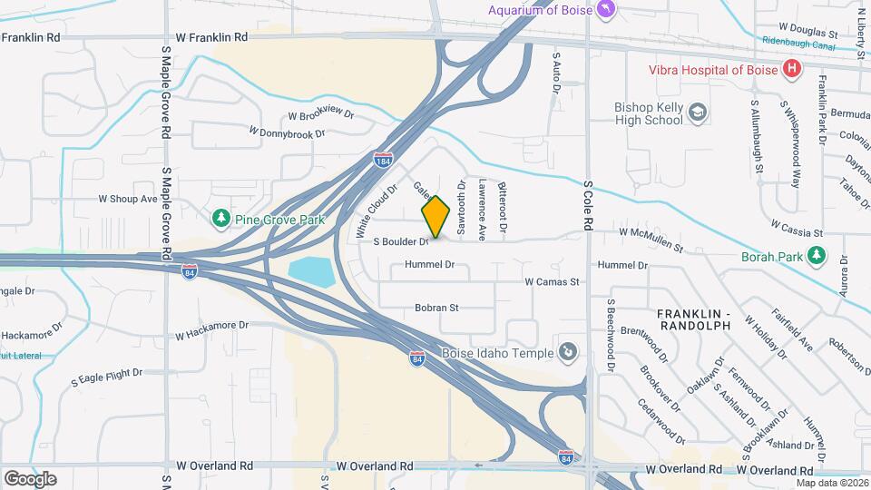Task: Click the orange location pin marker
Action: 435,216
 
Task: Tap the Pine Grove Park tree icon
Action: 220,219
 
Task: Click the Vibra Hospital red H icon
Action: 792,68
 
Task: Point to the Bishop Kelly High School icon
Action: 698,113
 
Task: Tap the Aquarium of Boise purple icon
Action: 606,9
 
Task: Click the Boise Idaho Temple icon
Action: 568,351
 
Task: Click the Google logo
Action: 30,478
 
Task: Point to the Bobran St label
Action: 437,308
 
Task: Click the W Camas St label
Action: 552,282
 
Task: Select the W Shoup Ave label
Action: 128,199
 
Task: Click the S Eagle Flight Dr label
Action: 107,373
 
